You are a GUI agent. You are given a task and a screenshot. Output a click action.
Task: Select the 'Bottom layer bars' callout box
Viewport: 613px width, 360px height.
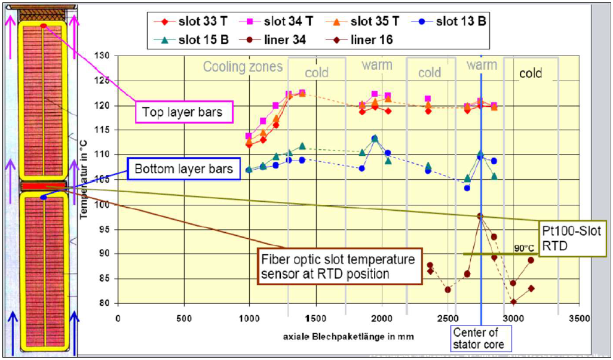point(183,169)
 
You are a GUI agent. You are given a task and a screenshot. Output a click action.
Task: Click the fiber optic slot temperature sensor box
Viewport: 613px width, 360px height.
point(338,266)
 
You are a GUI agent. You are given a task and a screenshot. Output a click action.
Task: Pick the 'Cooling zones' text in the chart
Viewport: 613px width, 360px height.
point(243,66)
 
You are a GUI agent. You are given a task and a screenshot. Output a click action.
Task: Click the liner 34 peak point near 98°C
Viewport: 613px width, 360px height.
point(480,216)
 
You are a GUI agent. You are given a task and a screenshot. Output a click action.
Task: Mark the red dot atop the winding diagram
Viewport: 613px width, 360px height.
point(43,25)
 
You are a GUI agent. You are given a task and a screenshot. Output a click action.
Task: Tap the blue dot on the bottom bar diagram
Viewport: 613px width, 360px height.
point(43,197)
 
